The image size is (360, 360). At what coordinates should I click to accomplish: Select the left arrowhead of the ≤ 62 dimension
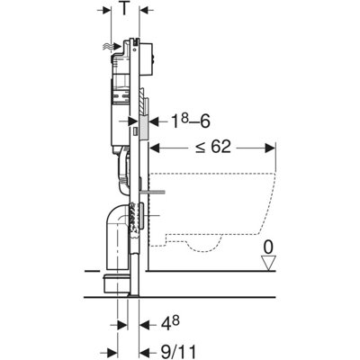tap(154, 148)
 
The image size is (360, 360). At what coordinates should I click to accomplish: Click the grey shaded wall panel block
tap(144, 121)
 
